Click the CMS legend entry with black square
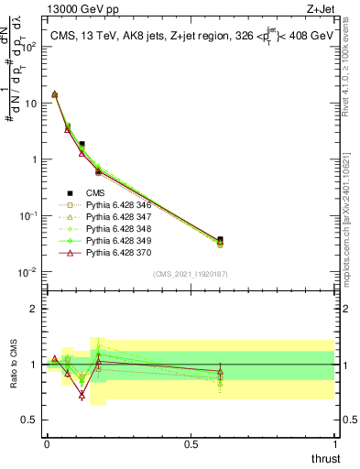click(x=96, y=192)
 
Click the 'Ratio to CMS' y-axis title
click(x=15, y=365)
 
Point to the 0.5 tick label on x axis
click(x=191, y=443)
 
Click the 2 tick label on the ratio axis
click(x=33, y=309)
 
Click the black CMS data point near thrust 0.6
click(x=219, y=241)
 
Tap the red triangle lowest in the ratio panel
click(x=82, y=396)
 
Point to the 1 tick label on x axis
click(x=334, y=443)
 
